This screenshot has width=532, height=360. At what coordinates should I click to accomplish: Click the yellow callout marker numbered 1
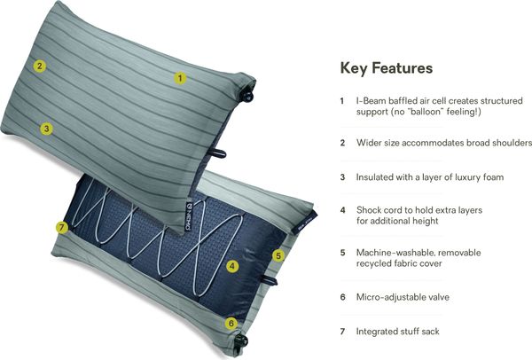tap(180, 78)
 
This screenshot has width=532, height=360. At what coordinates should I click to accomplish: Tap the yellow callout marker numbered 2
tap(40, 66)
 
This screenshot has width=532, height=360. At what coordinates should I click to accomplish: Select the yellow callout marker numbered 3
tap(46, 129)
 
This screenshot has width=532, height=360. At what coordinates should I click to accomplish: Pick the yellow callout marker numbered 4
tap(232, 266)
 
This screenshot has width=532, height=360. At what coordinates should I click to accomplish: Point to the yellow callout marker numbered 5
tap(278, 255)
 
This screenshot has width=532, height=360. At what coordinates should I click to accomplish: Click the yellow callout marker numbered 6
tap(231, 323)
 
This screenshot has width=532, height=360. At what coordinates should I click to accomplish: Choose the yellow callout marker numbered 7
tap(62, 227)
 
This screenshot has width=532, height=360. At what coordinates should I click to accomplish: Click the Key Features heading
tap(387, 68)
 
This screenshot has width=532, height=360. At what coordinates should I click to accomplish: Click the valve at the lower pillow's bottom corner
tap(241, 340)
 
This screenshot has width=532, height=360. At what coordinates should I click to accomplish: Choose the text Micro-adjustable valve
tap(403, 297)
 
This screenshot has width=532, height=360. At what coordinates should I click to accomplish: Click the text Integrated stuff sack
tap(397, 331)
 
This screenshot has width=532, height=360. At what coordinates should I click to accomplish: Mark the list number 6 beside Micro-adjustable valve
tap(342, 297)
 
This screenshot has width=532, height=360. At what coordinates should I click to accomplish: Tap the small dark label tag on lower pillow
tap(305, 223)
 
